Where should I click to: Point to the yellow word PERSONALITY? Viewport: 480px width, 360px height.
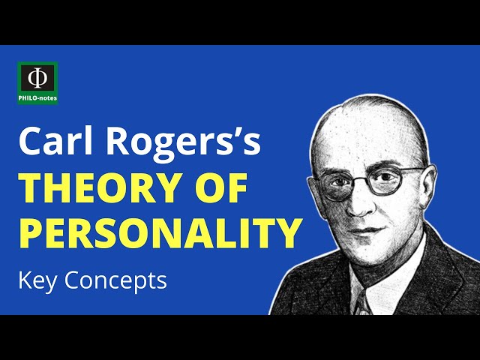point(157,234)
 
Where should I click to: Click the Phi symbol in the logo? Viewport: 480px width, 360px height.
point(37,79)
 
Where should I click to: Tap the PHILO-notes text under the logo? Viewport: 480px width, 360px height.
point(37,97)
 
